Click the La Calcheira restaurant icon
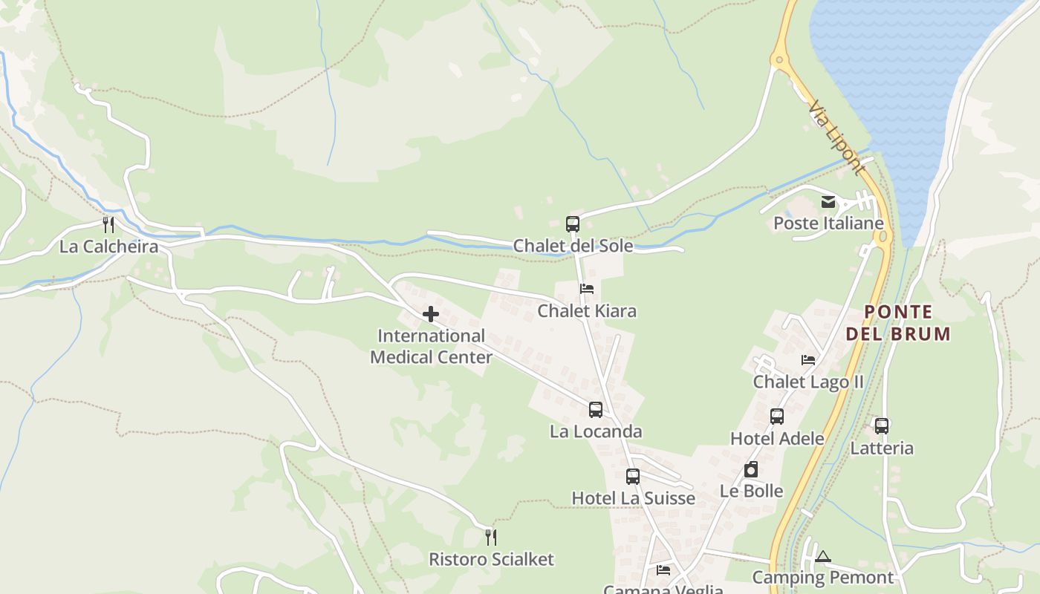pos(108,224)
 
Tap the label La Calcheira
pos(108,247)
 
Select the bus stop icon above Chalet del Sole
pos(572,223)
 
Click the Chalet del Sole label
pos(573,246)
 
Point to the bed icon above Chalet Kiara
pos(587,289)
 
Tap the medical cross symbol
pos(431,314)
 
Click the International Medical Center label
pos(431,347)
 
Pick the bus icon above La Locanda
pos(595,409)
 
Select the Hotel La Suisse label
pos(633,498)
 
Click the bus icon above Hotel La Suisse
pos(632,476)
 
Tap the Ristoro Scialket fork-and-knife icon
pos(490,537)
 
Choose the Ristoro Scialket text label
pos(491,559)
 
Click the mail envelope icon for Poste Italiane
pos(828,202)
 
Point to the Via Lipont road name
pos(837,138)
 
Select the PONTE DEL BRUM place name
pos(898,323)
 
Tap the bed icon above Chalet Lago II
pos(808,360)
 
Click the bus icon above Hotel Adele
pos(777,416)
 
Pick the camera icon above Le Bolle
pos(751,469)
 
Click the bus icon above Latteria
pos(882,425)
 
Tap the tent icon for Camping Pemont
pos(822,556)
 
